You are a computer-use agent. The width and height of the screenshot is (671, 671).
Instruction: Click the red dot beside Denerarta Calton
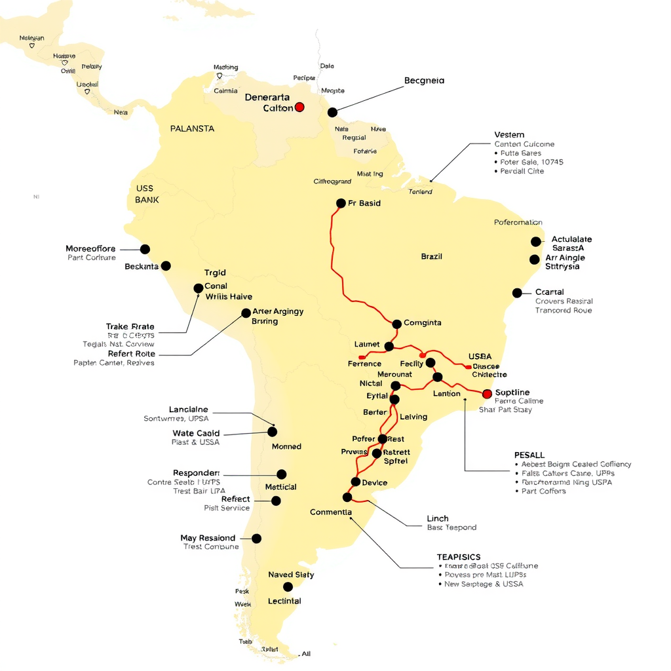[299, 107]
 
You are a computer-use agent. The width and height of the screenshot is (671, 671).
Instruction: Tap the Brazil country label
[431, 257]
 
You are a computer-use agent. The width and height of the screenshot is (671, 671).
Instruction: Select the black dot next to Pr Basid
[341, 203]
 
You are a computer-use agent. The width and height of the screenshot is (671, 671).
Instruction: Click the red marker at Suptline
[487, 394]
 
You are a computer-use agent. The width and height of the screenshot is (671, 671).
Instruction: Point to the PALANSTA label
[192, 129]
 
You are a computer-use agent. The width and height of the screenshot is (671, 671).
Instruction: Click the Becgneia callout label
[424, 81]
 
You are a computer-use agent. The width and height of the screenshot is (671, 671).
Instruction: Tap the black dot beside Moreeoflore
[145, 249]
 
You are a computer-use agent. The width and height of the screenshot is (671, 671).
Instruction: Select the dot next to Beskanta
[166, 266]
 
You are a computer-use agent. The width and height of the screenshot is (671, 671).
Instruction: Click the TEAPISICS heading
[458, 557]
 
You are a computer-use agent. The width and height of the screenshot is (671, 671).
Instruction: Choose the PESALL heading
[529, 455]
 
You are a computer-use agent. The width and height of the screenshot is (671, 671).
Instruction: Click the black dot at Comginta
[396, 324]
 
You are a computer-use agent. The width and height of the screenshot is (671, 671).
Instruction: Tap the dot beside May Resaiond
[256, 539]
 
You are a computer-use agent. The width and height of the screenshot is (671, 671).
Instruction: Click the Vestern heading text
[509, 135]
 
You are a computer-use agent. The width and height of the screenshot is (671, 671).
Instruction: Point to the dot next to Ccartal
[517, 293]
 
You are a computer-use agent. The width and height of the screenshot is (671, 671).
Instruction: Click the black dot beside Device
[355, 482]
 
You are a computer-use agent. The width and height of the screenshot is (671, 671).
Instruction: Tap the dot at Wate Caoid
[272, 432]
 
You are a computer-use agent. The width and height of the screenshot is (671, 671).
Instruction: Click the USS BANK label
[147, 194]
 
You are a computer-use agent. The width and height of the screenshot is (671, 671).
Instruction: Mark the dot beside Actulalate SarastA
[536, 242]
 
